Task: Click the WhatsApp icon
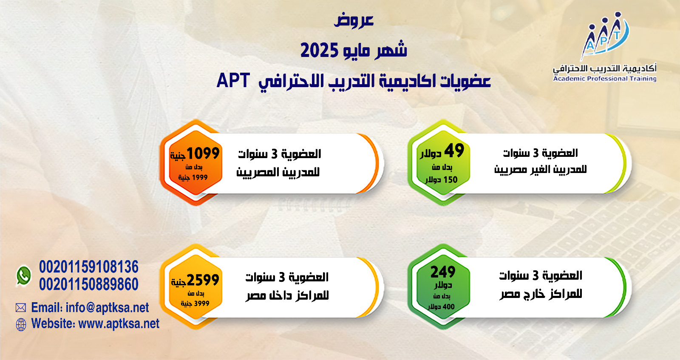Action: (24, 276)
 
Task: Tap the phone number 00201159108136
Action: (89, 267)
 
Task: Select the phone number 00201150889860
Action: (89, 284)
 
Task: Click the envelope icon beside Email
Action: (21, 308)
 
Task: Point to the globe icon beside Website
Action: (21, 324)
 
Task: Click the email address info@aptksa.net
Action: (107, 307)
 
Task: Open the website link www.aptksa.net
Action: (119, 323)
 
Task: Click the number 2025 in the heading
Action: (319, 51)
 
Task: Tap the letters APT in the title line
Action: (233, 80)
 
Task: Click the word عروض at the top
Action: (354, 20)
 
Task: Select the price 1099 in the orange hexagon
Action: (203, 153)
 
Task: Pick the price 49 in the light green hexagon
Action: (454, 150)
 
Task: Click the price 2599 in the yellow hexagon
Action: (203, 280)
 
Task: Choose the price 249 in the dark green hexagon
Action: (443, 272)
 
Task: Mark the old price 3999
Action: (201, 303)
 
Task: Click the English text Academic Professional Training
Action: (605, 79)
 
